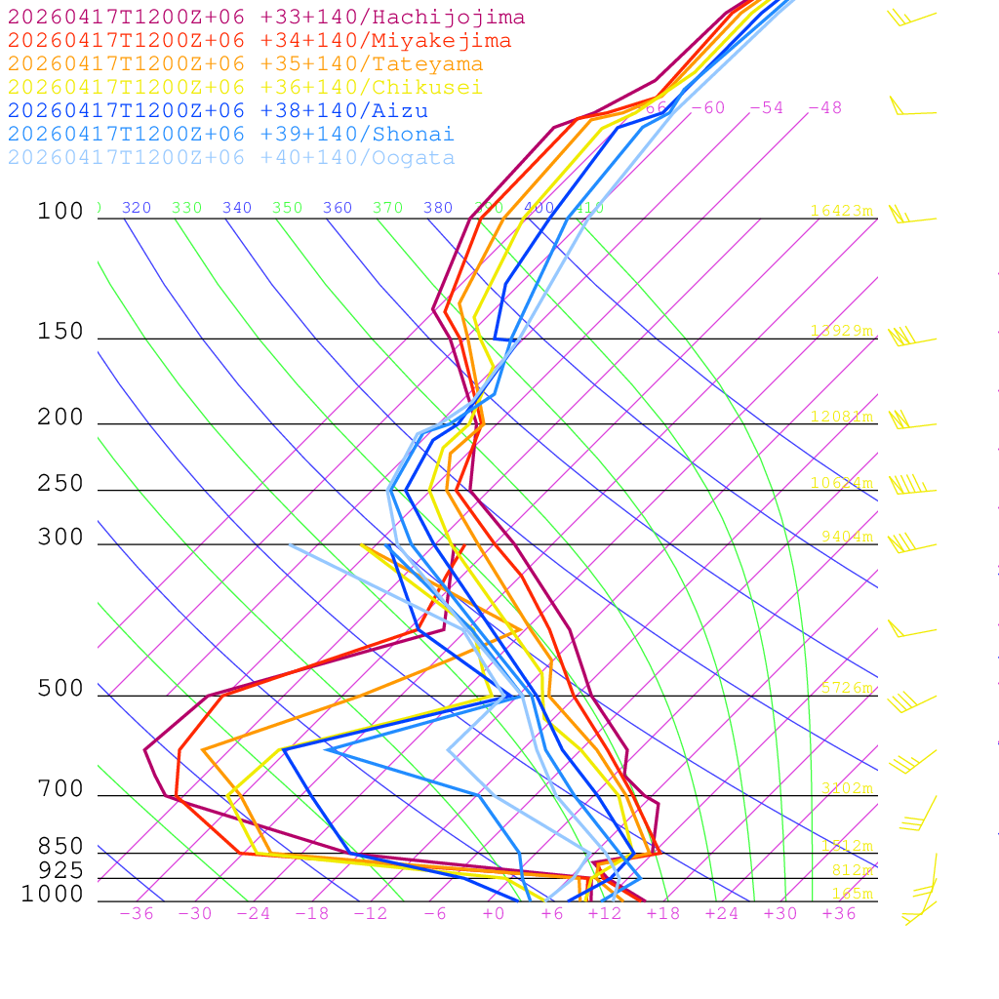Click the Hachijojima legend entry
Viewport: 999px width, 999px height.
[x=265, y=18]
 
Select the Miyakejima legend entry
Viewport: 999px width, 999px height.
[x=259, y=41]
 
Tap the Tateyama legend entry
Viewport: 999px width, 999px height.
[x=245, y=64]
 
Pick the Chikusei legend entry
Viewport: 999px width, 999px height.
[x=245, y=88]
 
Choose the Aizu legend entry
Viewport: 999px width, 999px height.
[x=217, y=111]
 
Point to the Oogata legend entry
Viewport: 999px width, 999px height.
[x=230, y=158]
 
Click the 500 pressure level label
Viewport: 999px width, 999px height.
[x=61, y=689]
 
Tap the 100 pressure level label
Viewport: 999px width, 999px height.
[x=61, y=211]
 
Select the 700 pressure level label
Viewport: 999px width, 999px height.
[x=61, y=789]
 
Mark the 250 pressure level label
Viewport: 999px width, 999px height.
[x=61, y=484]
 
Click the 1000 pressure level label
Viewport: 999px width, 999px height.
[x=53, y=894]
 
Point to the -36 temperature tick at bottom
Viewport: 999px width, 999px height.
[x=137, y=913]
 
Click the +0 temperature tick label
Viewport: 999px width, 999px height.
[x=494, y=913]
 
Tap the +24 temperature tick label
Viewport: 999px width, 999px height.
[x=722, y=913]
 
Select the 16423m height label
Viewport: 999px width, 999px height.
[x=842, y=211]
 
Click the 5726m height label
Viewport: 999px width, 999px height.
[x=847, y=688]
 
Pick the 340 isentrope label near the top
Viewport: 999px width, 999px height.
[x=237, y=208]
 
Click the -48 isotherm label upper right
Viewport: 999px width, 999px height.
[x=825, y=108]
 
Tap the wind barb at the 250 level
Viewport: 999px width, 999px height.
[x=907, y=485]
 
